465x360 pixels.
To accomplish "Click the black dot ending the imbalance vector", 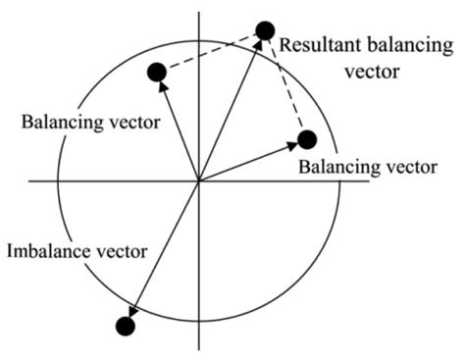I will tap(125, 327).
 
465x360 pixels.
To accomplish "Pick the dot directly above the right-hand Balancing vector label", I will tap(307, 139).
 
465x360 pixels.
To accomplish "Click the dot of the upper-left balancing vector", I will tap(155, 71).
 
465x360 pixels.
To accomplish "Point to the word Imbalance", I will tap(48, 251).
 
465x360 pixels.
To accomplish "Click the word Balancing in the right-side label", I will tap(335, 167).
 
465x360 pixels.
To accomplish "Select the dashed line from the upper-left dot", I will tap(209, 51).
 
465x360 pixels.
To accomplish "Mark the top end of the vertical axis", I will tap(199, 14).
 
